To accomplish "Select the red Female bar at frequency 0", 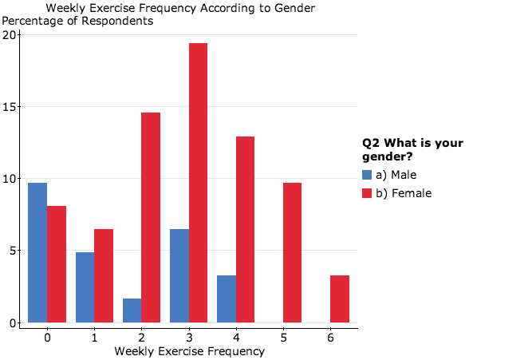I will pyautogui.click(x=57, y=264).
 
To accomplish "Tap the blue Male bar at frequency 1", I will pyautogui.click(x=85, y=287).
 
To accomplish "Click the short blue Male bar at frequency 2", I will pyautogui.click(x=132, y=311).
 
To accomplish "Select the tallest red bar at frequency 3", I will pyautogui.click(x=198, y=183).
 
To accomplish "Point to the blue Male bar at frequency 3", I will pyautogui.click(x=179, y=275).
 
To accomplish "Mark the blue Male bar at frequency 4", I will pyautogui.click(x=227, y=299).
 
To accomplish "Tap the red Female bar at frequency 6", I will pyautogui.click(x=339, y=299).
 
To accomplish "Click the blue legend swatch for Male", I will pyautogui.click(x=367, y=175).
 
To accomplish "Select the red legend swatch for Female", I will pyautogui.click(x=367, y=193).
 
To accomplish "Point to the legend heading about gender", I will pyautogui.click(x=412, y=149).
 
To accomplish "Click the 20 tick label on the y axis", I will pyautogui.click(x=11, y=35).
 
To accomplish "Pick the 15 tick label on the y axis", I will pyautogui.click(x=11, y=107).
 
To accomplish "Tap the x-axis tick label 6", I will pyautogui.click(x=330, y=338).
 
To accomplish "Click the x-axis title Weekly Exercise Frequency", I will pyautogui.click(x=189, y=351).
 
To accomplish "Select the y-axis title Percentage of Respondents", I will pyautogui.click(x=77, y=21).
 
